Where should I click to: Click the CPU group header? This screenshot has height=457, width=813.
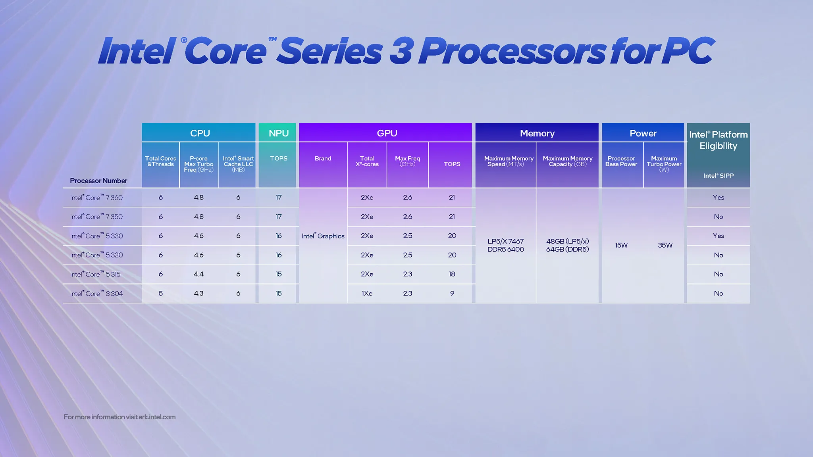pyautogui.click(x=200, y=133)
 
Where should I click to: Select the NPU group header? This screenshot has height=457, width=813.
pyautogui.click(x=278, y=133)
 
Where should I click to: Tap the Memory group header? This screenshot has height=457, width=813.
pyautogui.click(x=537, y=133)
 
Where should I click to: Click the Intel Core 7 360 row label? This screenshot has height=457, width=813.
pyautogui.click(x=96, y=198)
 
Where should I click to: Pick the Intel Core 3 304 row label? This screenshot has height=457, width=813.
pyautogui.click(x=96, y=294)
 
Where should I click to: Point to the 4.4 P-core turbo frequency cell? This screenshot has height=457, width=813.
pyautogui.click(x=198, y=274)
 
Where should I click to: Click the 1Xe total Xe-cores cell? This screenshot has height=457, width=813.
pyautogui.click(x=367, y=294)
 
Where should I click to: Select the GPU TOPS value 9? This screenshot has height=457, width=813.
pyautogui.click(x=452, y=294)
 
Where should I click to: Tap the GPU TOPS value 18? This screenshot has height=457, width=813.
pyautogui.click(x=452, y=274)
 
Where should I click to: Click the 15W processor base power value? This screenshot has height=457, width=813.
pyautogui.click(x=621, y=245)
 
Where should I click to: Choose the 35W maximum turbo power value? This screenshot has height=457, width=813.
pyautogui.click(x=665, y=245)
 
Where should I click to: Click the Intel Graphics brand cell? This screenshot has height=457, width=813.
pyautogui.click(x=323, y=236)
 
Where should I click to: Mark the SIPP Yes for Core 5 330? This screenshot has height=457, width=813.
pyautogui.click(x=718, y=236)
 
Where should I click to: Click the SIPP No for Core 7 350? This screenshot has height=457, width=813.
pyautogui.click(x=718, y=217)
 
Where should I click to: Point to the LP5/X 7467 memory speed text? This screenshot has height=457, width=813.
pyautogui.click(x=505, y=241)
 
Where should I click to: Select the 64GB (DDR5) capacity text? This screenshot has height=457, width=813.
pyautogui.click(x=567, y=250)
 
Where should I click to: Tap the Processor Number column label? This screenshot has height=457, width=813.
pyautogui.click(x=98, y=181)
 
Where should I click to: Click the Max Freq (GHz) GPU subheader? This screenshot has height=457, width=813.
pyautogui.click(x=407, y=161)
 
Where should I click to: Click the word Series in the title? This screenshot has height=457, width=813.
pyautogui.click(x=329, y=52)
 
